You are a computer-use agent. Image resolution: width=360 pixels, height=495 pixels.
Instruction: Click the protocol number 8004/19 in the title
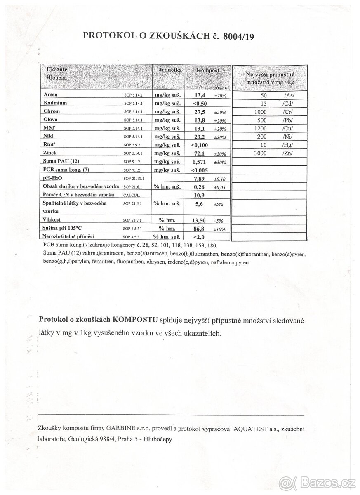pos(238,36)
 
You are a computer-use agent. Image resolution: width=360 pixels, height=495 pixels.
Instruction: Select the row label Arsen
pos(51,94)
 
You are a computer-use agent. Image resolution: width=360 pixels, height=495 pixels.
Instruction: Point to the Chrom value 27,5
pos(200,111)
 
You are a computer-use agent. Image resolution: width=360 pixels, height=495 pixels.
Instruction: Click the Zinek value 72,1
pos(200,153)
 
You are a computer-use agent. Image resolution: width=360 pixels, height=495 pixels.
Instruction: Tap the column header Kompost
pos(207,71)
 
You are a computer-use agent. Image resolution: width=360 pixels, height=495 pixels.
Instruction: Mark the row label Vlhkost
pos(52,220)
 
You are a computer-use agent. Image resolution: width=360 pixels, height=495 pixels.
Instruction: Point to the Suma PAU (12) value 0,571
pos(199,162)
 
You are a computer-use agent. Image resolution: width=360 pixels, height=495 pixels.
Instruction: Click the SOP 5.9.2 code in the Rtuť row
pos(133,145)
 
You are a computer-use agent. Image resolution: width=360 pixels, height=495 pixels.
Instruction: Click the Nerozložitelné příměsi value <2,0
pos(198,237)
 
